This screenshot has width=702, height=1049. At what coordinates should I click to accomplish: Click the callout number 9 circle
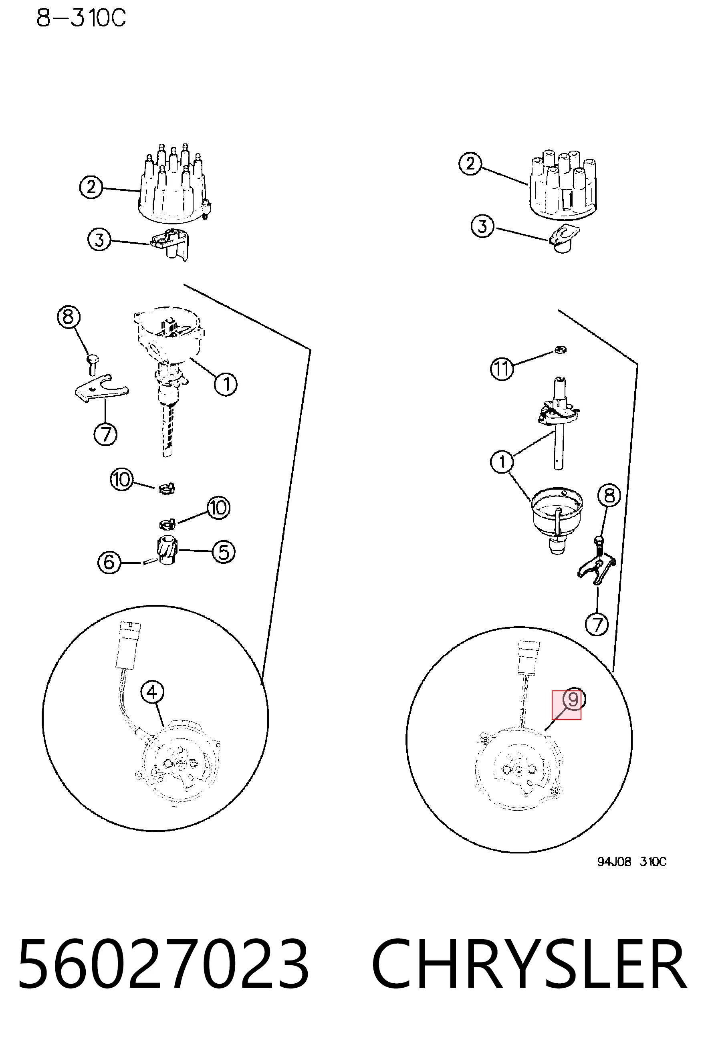click(573, 700)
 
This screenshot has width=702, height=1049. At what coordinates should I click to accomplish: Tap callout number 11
click(502, 369)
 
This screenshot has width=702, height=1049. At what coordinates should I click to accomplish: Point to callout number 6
click(109, 562)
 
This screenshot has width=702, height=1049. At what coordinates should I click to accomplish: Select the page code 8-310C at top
click(81, 18)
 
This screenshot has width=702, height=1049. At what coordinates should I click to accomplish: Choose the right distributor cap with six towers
click(562, 184)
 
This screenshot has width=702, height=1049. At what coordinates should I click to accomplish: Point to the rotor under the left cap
click(171, 244)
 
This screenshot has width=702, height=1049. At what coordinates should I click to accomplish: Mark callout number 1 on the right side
click(502, 462)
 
